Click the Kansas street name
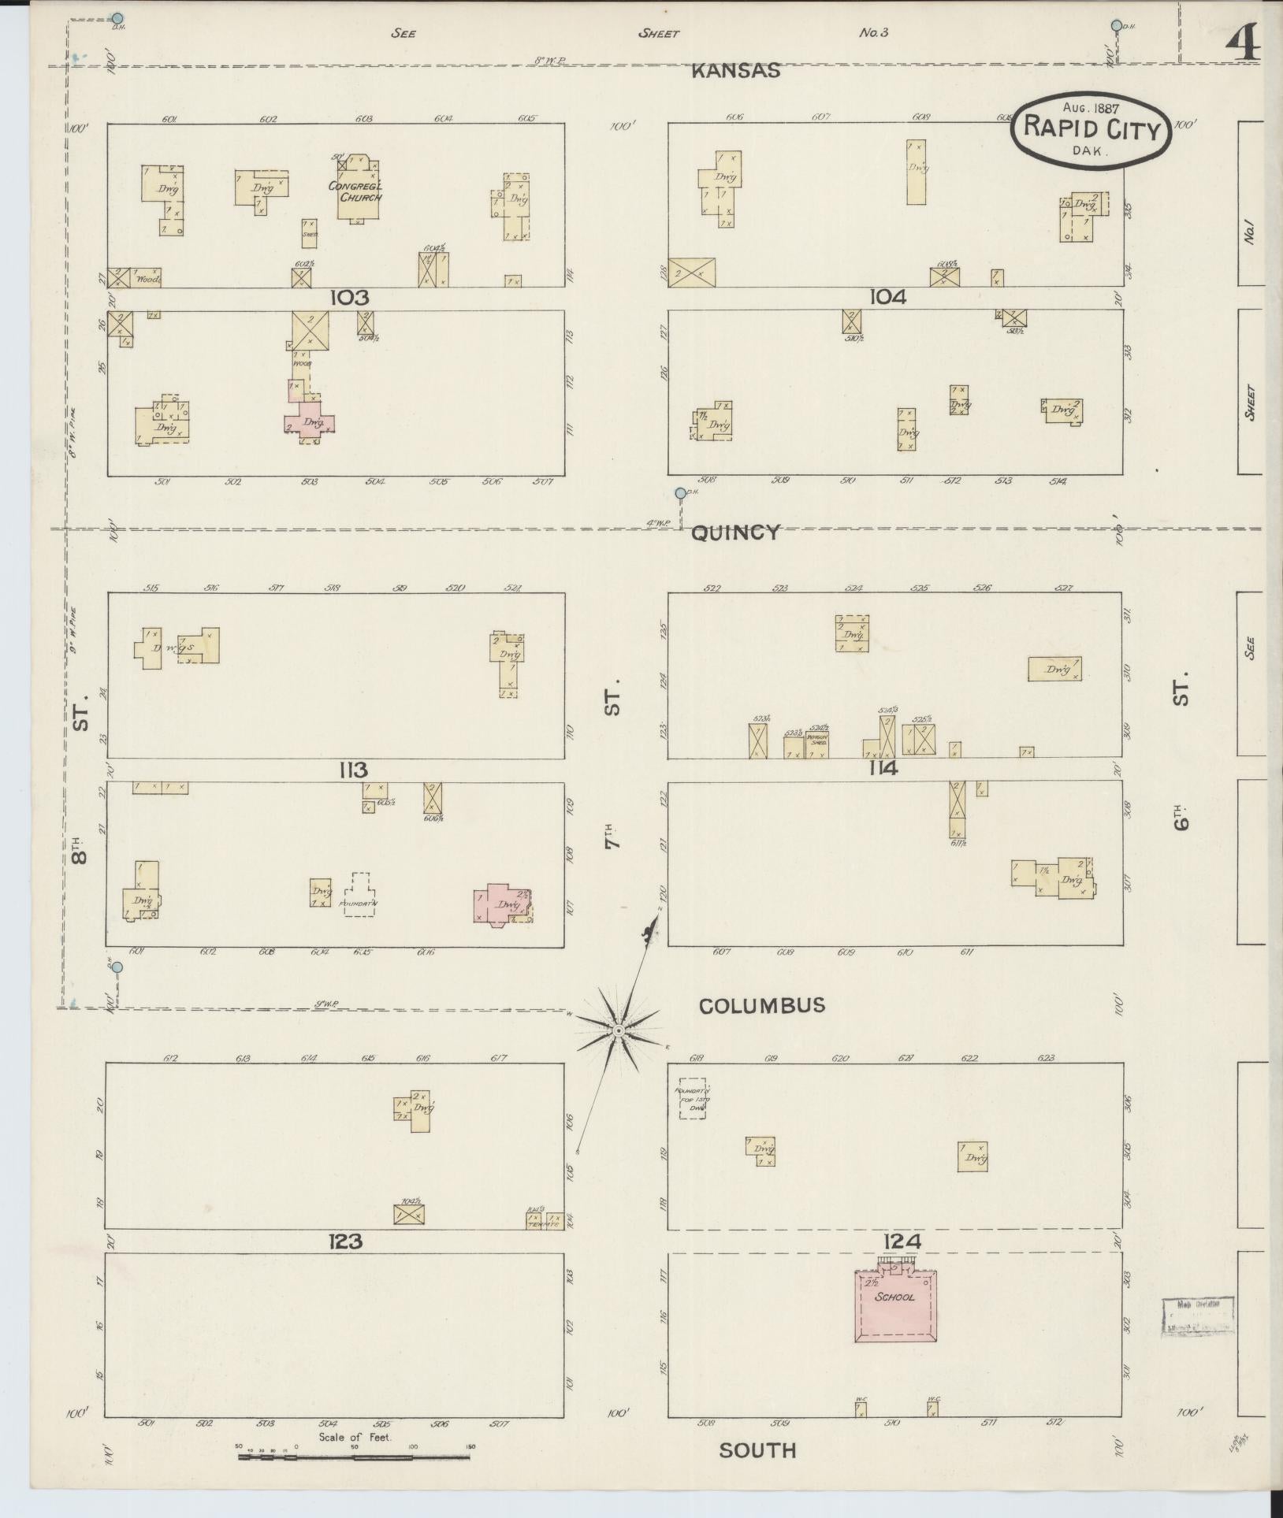(x=735, y=71)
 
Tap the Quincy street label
(x=735, y=533)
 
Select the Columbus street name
(x=762, y=1005)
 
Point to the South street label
(x=757, y=1450)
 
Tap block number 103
(x=350, y=298)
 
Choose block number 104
(x=887, y=297)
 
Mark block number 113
(x=350, y=770)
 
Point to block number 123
(x=346, y=1241)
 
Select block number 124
(x=902, y=1241)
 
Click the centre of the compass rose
(x=619, y=1030)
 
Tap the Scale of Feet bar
(x=353, y=1457)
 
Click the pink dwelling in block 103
(x=309, y=421)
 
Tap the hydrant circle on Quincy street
(x=680, y=493)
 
